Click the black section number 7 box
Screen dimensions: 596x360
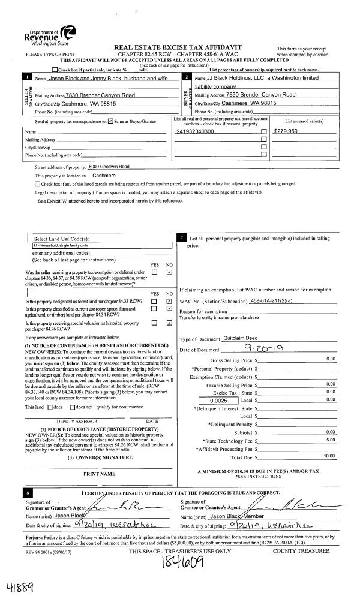[182, 239]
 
